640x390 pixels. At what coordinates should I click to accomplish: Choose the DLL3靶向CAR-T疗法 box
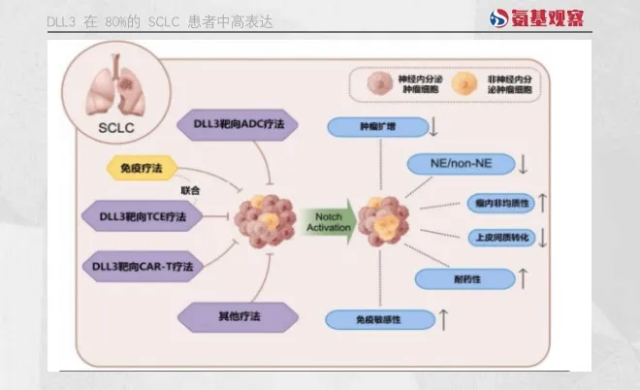(143, 265)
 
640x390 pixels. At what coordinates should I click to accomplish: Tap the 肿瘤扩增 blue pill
(377, 126)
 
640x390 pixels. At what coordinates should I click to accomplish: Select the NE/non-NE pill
(461, 164)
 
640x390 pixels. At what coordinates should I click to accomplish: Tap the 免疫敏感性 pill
(377, 318)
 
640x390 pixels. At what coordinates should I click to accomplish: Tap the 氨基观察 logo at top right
(537, 17)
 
